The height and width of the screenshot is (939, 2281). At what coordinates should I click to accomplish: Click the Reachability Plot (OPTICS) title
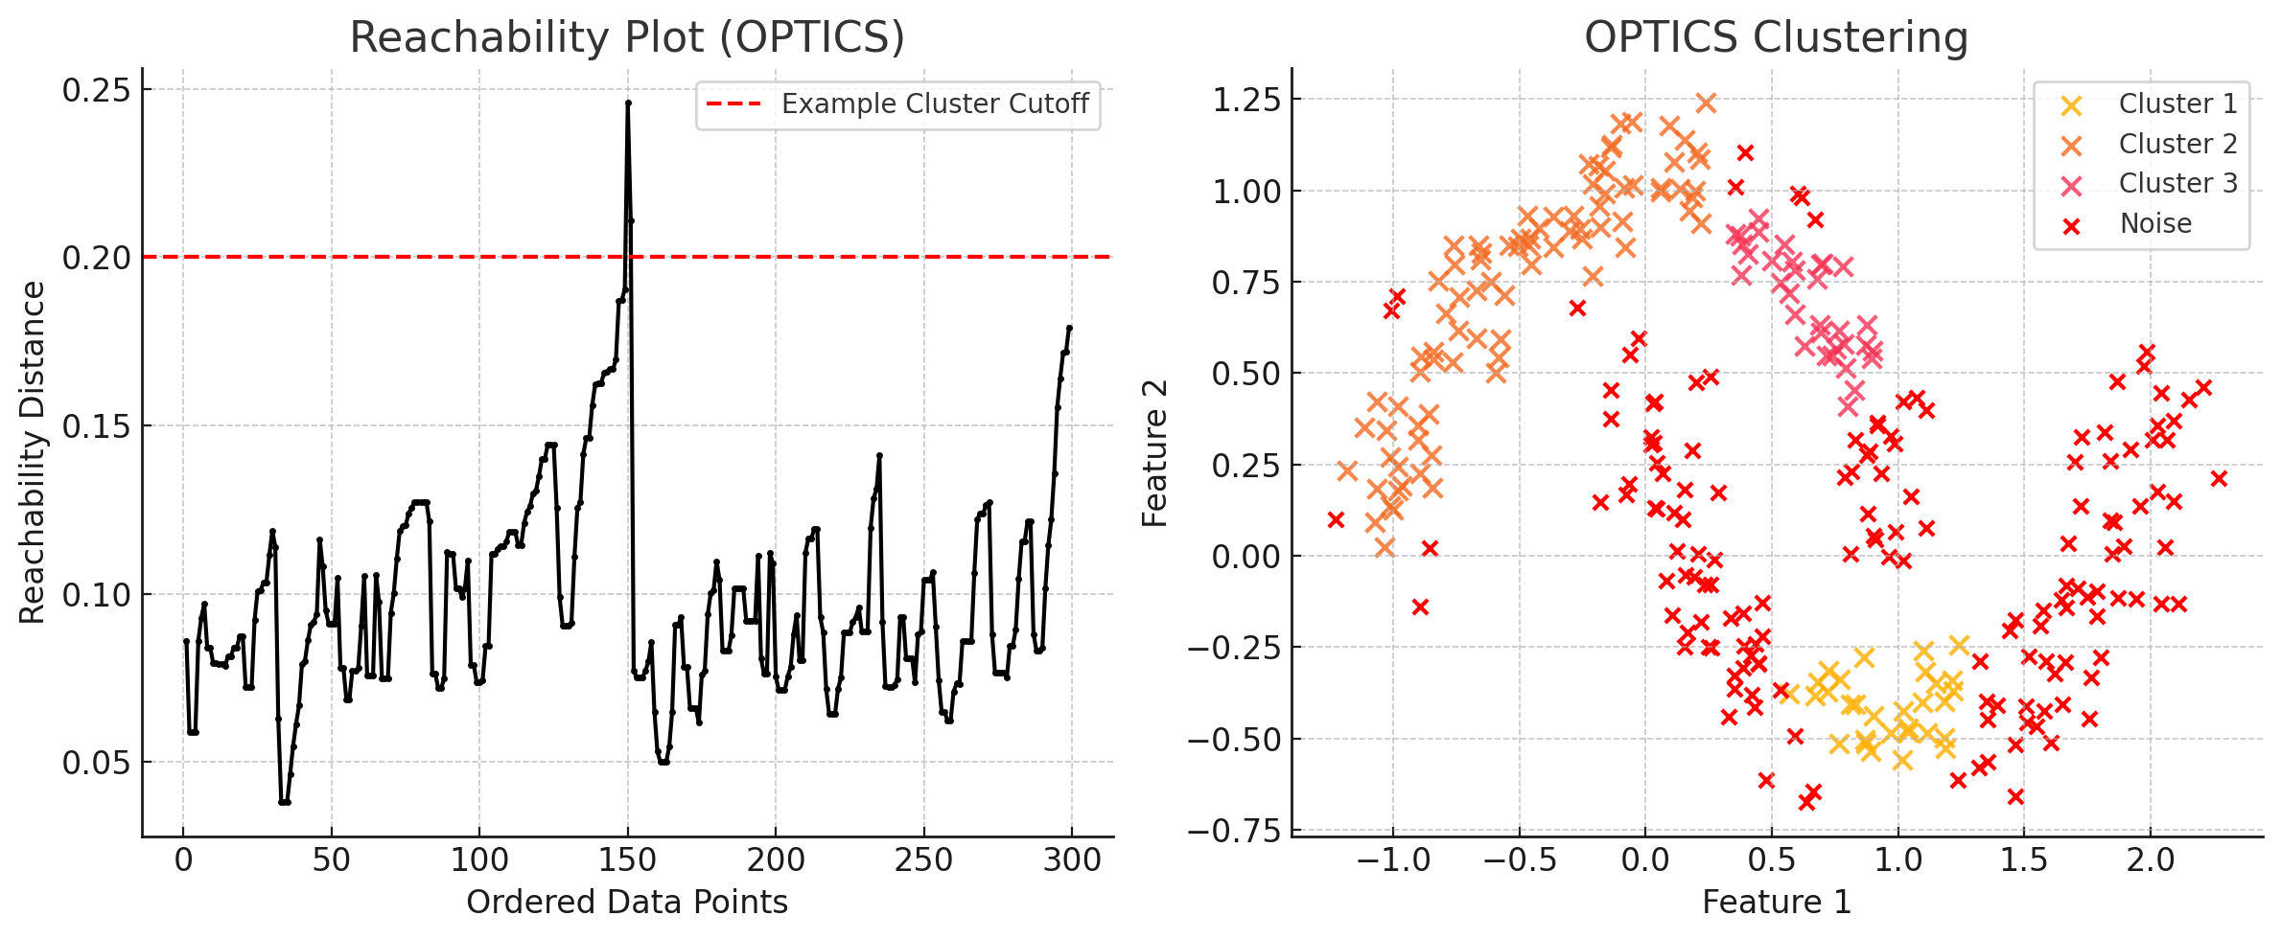tap(627, 38)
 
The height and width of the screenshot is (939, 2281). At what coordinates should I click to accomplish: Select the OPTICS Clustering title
tap(1776, 38)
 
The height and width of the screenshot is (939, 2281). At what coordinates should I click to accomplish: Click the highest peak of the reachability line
tap(628, 103)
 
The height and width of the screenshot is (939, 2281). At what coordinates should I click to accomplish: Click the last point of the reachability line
tap(1069, 328)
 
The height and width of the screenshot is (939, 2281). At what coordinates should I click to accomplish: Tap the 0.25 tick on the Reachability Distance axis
tap(96, 90)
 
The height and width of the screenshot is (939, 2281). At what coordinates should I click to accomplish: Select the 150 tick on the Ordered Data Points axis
tap(628, 859)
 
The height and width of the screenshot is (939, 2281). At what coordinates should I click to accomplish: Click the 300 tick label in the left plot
tap(1072, 859)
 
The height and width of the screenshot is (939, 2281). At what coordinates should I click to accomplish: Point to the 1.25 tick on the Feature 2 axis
tap(1245, 100)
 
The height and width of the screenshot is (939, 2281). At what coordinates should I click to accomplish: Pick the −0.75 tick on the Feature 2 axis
tap(1234, 831)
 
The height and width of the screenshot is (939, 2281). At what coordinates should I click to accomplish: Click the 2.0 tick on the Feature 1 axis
tap(2151, 859)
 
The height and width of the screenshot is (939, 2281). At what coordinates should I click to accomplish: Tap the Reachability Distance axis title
tap(33, 452)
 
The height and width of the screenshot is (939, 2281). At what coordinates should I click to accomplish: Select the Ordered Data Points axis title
tap(627, 903)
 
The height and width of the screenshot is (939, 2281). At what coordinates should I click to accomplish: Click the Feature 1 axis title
tap(1776, 903)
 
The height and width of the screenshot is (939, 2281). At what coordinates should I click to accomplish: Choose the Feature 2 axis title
tap(1155, 452)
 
